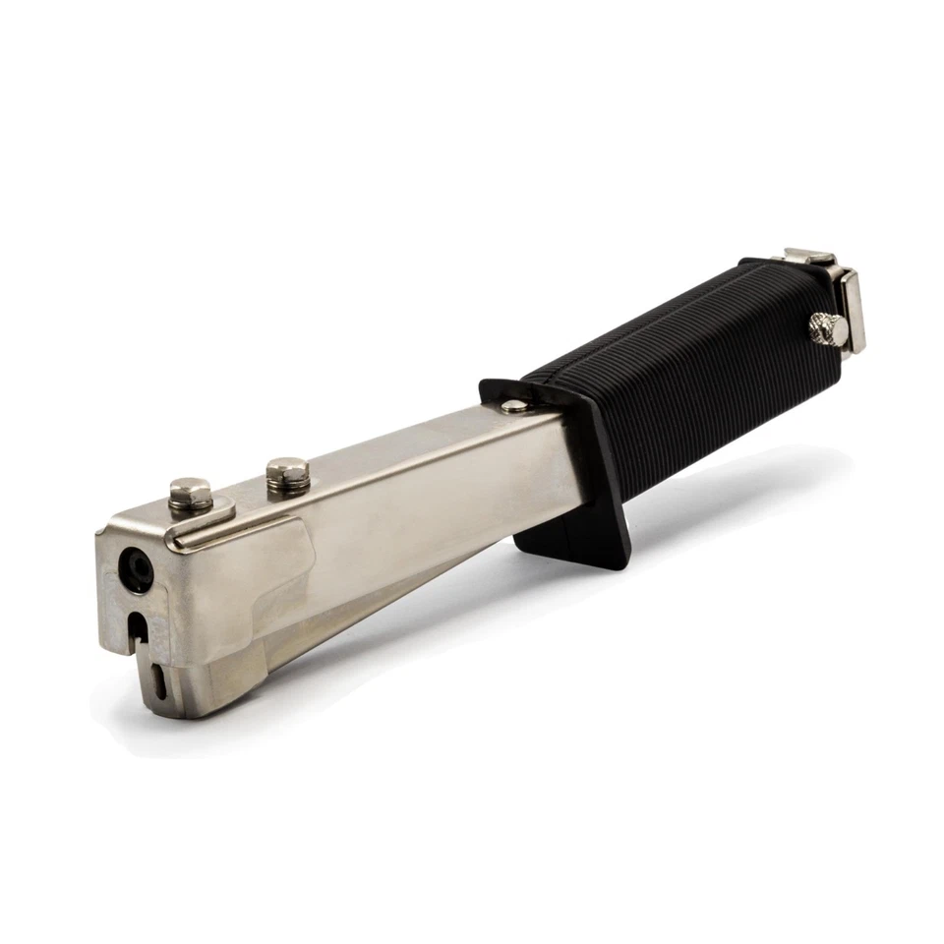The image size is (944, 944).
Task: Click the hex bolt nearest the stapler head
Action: [x=191, y=493]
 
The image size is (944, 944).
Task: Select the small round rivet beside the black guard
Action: [x=513, y=405]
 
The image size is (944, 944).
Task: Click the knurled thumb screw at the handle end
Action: [x=828, y=329]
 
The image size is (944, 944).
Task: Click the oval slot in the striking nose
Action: [x=161, y=679]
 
